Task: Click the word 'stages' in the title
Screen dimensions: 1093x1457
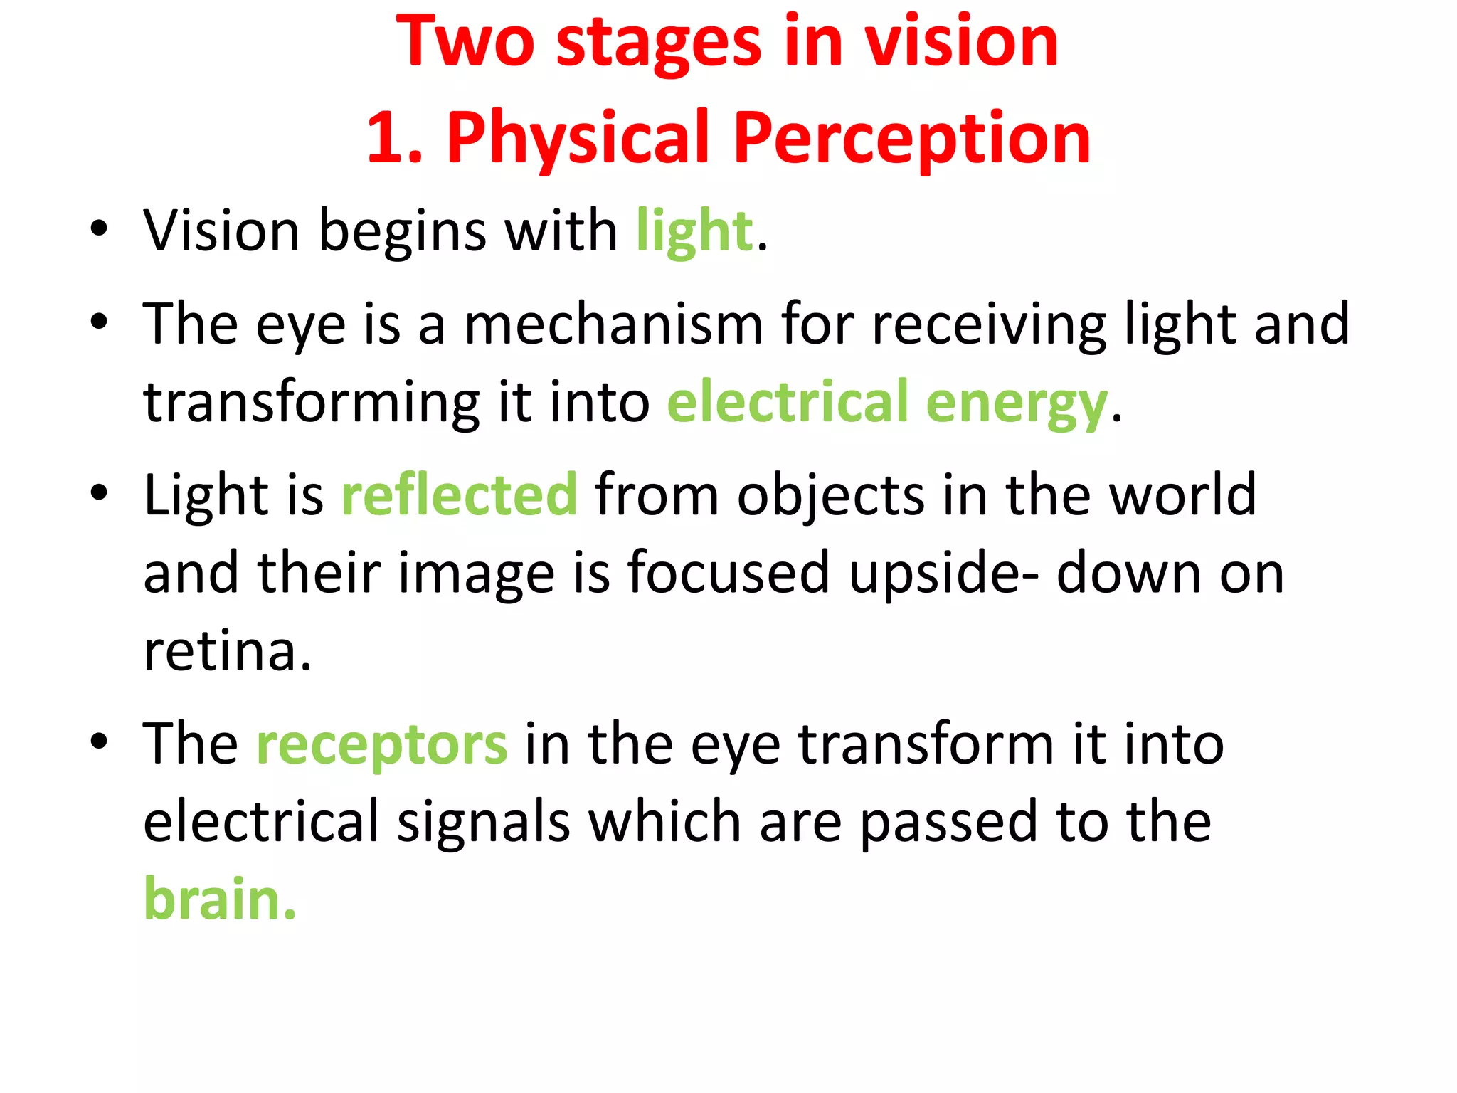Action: tap(658, 44)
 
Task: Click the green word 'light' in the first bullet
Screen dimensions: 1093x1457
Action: tap(694, 232)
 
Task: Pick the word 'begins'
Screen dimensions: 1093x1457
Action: tap(403, 233)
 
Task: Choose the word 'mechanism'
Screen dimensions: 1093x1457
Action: tap(613, 324)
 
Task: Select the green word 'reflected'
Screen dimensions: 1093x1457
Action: tap(460, 495)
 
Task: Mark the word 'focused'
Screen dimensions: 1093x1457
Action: tap(728, 574)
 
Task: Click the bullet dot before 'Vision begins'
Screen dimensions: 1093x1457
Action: tap(99, 229)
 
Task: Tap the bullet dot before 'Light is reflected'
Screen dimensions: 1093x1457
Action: tap(99, 492)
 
